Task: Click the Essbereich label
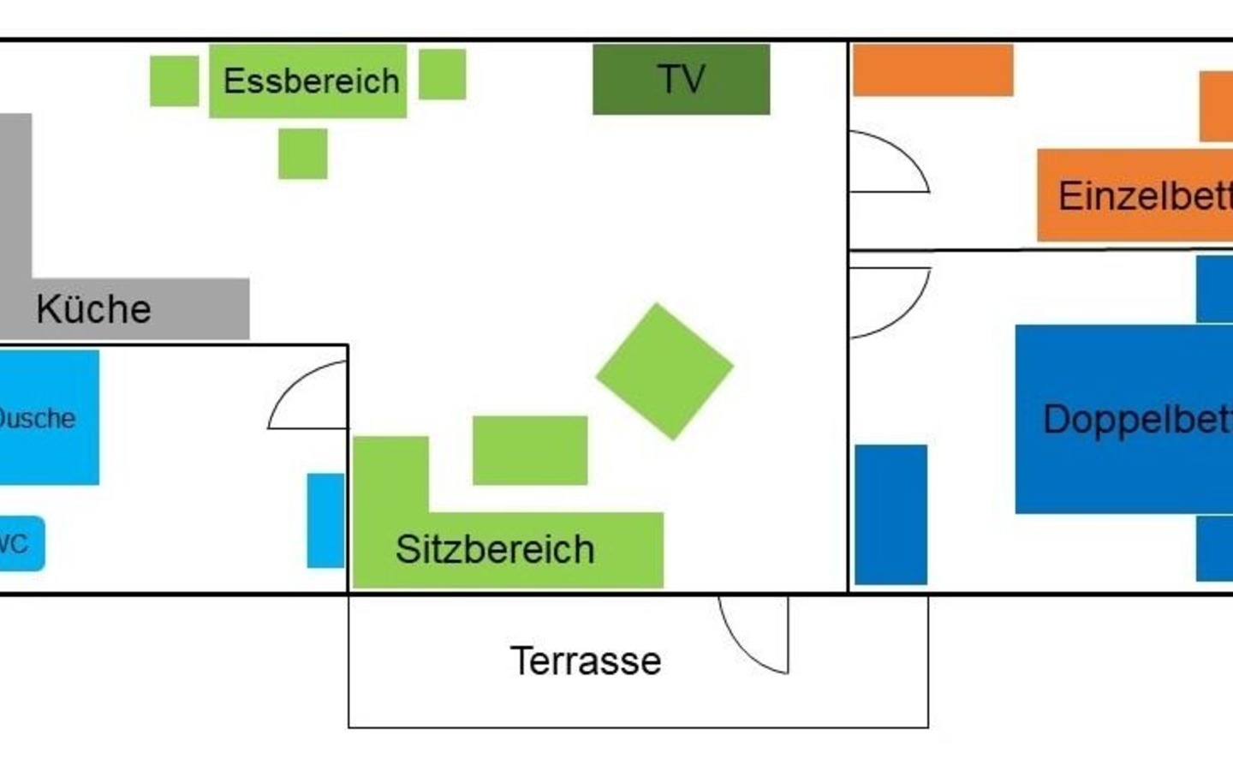pos(311,81)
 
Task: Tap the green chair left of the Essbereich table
pos(174,81)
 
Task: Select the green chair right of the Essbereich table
pos(442,75)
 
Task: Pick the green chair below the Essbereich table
pos(302,154)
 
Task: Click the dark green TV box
pos(681,80)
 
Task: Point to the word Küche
pos(93,309)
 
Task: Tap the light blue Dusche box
pos(48,417)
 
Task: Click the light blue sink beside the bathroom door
pos(325,520)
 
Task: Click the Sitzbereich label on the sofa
pos(495,549)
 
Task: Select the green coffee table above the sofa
pos(530,451)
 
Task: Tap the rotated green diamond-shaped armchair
pos(664,371)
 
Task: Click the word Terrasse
pos(586,660)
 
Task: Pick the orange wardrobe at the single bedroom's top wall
pos(932,70)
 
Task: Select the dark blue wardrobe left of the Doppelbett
pos(890,514)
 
